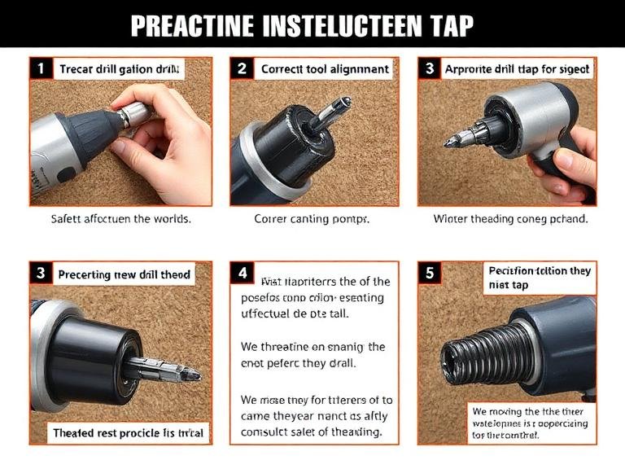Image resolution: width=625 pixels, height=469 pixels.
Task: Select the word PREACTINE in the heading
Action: tap(191, 26)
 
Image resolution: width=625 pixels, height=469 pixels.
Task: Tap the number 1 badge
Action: tap(39, 69)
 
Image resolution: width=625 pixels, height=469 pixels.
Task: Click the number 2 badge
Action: tap(242, 69)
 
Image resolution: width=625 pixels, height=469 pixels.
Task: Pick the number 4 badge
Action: tap(242, 274)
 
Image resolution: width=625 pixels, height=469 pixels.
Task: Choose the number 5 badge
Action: tap(430, 274)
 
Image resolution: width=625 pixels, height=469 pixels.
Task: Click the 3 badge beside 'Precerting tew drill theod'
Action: tap(39, 274)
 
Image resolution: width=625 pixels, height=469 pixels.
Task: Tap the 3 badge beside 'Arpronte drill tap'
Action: tap(430, 69)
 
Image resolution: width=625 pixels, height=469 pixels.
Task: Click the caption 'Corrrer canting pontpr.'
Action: tap(312, 219)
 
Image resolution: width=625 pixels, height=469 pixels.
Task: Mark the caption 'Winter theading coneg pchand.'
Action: tap(510, 219)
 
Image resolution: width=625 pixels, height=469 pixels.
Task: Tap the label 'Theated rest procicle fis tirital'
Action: tap(128, 432)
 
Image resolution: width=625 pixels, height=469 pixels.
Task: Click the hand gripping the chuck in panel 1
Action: tap(167, 130)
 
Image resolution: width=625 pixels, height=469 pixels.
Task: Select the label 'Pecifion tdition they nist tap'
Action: tap(539, 278)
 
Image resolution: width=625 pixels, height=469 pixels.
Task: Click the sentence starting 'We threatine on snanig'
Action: tap(313, 355)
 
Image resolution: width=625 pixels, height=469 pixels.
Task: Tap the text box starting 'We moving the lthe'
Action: tap(529, 423)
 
